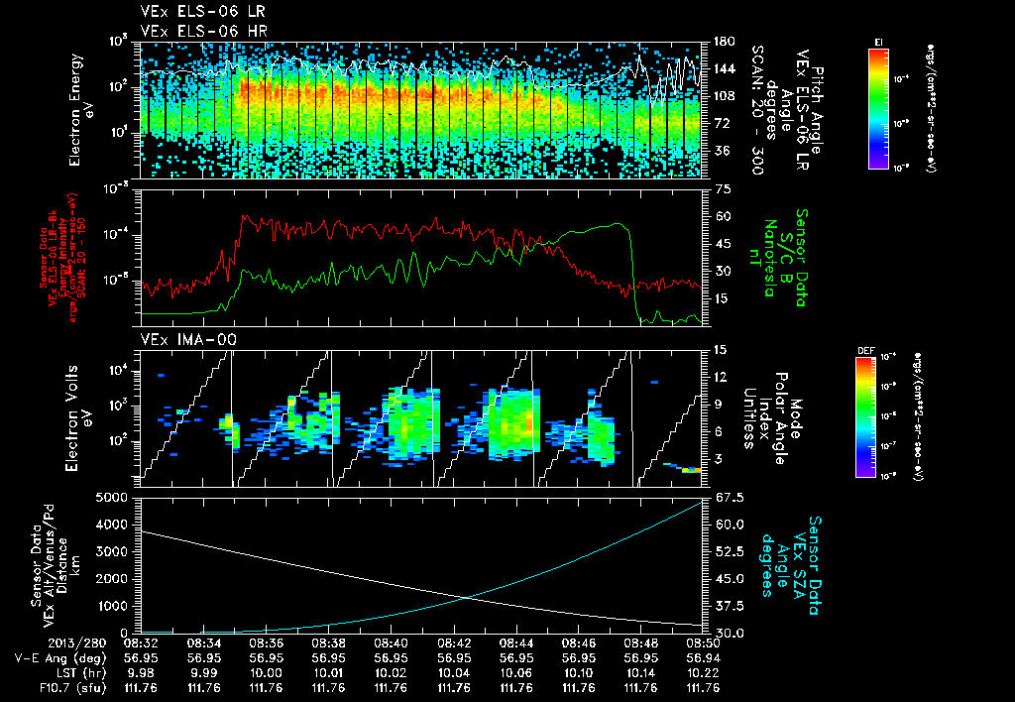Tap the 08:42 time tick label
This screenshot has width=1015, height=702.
click(453, 643)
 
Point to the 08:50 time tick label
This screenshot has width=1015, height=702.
click(703, 643)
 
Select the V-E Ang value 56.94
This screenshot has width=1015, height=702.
click(703, 656)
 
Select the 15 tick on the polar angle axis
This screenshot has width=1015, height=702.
click(719, 349)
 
